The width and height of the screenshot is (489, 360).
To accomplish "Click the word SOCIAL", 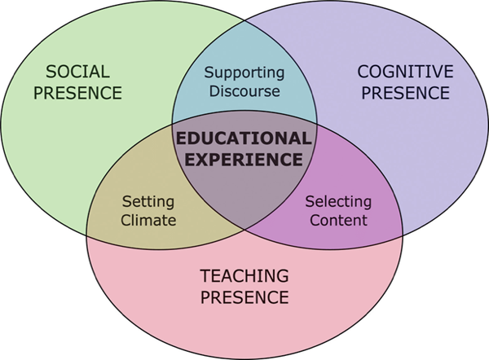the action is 77,72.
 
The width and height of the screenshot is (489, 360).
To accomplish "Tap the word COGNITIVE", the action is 405,72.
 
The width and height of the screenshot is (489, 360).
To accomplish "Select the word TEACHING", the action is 244,276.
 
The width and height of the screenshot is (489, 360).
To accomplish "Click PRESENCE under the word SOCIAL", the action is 77,93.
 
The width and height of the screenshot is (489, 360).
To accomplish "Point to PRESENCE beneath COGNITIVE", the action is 405,93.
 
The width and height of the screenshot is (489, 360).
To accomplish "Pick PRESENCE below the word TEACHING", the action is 244,297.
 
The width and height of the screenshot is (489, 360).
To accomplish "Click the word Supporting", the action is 244,73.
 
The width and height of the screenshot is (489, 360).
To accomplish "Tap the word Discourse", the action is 244,91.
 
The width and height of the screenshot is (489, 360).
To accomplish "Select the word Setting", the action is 148,203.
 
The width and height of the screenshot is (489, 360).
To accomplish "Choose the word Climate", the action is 148,220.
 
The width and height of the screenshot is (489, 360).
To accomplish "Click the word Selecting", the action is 338,203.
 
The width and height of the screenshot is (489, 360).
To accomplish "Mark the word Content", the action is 338,220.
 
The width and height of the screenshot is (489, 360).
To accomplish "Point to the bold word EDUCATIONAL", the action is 244,138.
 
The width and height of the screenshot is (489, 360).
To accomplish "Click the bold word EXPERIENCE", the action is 244,160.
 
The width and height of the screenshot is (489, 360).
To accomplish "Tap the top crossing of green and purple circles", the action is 244,20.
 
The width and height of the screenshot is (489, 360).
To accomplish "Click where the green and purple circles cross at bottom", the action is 244,230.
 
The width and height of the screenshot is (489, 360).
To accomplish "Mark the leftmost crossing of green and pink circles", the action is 86,235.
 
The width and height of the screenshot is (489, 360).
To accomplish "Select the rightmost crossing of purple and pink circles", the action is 403,235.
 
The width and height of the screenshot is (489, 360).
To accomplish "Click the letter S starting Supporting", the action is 209,72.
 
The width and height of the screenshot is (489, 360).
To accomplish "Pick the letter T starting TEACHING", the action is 205,276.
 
